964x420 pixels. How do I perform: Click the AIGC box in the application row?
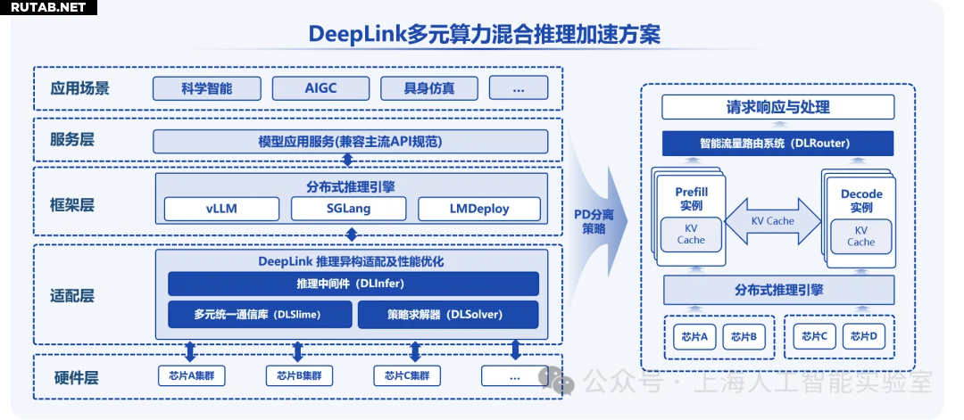[x=320, y=88]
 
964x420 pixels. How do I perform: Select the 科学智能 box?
[x=207, y=88]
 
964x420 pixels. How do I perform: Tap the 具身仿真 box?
[x=429, y=88]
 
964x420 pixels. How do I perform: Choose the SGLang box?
[x=348, y=209]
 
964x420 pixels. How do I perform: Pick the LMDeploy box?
[x=479, y=209]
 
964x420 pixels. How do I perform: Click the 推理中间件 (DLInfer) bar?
[x=353, y=284]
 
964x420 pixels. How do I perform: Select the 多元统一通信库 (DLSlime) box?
[x=258, y=314]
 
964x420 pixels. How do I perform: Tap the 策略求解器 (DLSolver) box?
[x=447, y=314]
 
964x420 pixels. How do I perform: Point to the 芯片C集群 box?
[x=407, y=375]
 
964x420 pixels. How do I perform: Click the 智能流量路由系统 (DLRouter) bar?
[x=777, y=143]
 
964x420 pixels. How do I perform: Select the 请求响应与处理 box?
[x=777, y=107]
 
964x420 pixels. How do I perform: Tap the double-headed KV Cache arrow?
[x=773, y=221]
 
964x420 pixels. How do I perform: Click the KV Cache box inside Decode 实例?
[x=860, y=235]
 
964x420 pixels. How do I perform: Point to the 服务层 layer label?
[x=73, y=139]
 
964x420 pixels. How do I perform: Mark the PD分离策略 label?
[x=594, y=221]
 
